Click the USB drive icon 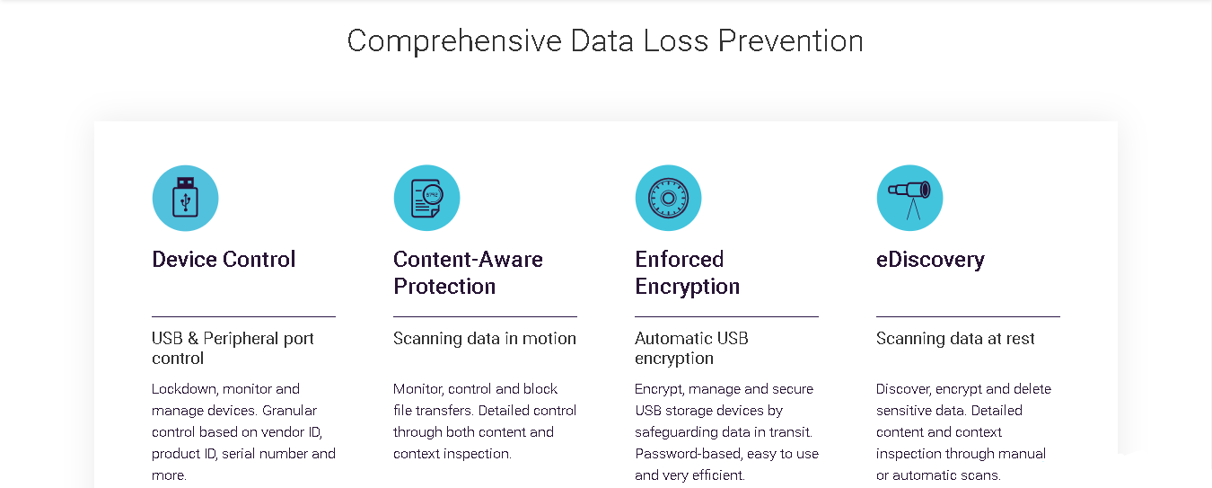click(185, 198)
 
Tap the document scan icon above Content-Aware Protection click(427, 198)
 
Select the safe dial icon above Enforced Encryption click(668, 198)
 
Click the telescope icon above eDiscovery click(909, 198)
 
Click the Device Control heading click(224, 260)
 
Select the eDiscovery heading click(930, 260)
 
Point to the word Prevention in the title click(791, 41)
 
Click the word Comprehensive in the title click(454, 41)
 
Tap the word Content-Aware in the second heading click(468, 260)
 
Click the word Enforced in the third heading click(679, 260)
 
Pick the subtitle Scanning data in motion click(484, 339)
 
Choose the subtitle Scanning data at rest click(955, 339)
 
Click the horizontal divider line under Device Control click(243, 316)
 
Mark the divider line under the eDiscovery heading click(968, 316)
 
